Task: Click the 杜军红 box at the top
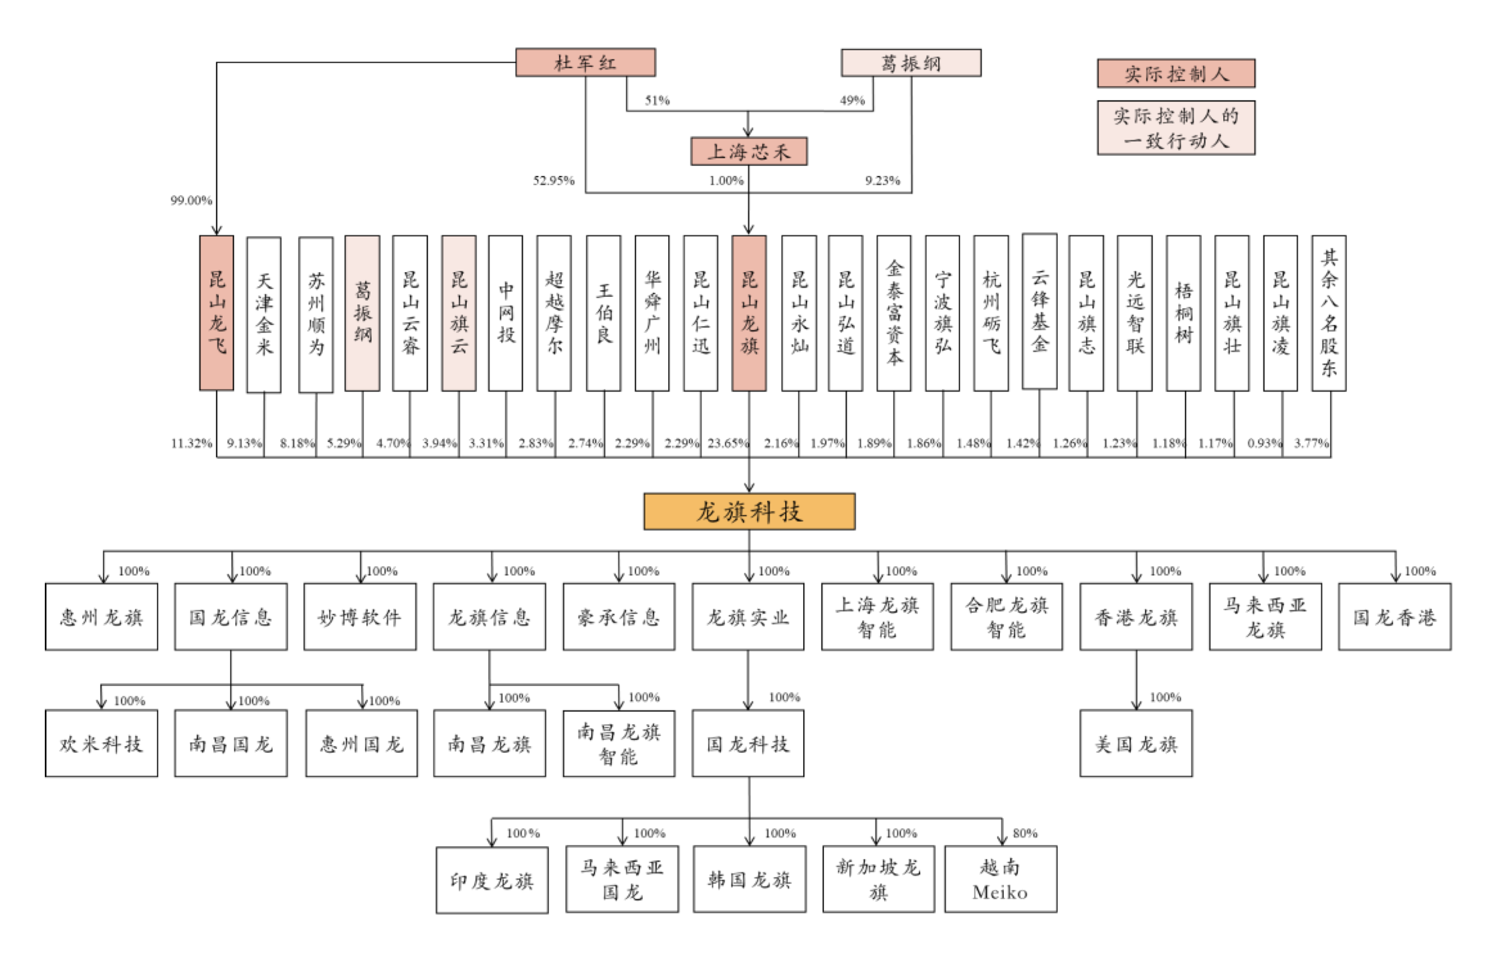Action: click(585, 62)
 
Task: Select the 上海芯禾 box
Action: click(748, 151)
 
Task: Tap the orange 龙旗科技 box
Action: click(749, 511)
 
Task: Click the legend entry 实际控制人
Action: click(1176, 73)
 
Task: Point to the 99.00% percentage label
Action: click(191, 200)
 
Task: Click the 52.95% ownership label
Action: click(554, 181)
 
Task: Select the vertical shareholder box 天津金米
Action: click(263, 314)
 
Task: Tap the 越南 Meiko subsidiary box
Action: click(1000, 879)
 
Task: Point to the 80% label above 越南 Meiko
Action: click(1025, 833)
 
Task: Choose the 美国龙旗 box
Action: click(1136, 743)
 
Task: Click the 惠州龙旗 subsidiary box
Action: click(102, 616)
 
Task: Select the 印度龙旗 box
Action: click(492, 880)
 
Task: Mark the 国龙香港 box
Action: click(1394, 616)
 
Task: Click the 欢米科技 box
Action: click(102, 743)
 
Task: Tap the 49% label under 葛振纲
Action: click(852, 100)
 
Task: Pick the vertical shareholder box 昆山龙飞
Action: click(217, 313)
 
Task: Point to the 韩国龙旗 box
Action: click(749, 879)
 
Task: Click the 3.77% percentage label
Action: click(1311, 443)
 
